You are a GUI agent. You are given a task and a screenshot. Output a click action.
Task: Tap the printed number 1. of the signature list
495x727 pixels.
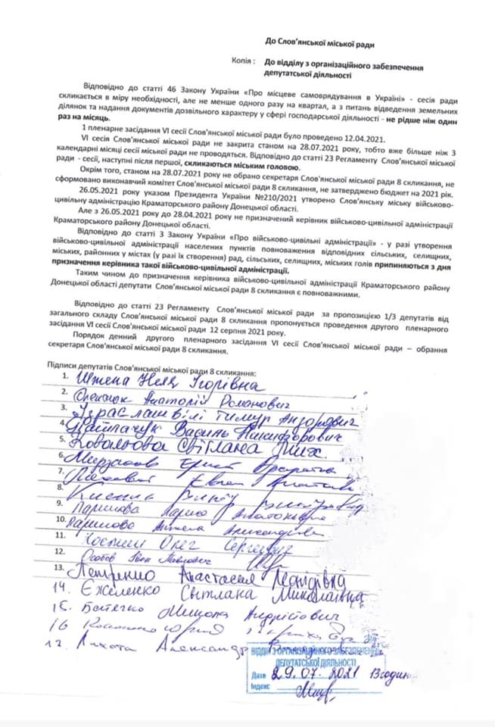coord(67,376)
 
